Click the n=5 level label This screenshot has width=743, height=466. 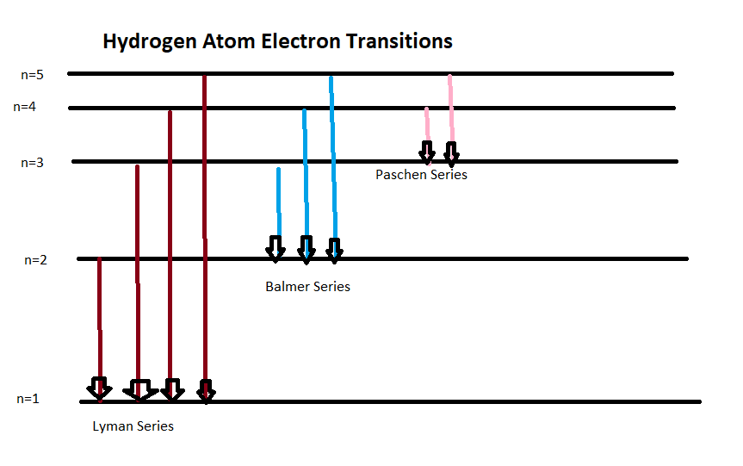coord(32,75)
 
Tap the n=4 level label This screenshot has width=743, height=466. coord(27,108)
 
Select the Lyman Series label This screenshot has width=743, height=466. coord(133,426)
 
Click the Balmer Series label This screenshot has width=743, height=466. coord(307,286)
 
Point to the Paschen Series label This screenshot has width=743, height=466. coord(421,174)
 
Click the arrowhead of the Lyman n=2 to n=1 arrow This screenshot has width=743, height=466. coord(100,388)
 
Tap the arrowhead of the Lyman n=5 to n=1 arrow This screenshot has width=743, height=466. coord(205,391)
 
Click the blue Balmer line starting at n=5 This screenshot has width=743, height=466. coord(332,155)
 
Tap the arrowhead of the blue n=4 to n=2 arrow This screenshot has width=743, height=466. coord(306,250)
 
